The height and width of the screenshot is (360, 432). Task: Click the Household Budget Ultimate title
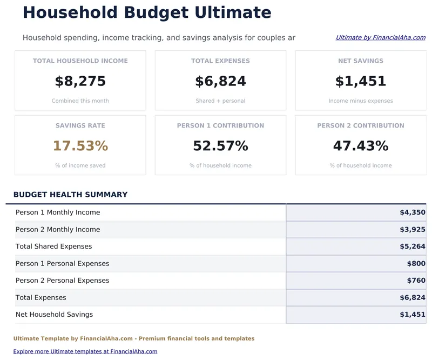point(147,12)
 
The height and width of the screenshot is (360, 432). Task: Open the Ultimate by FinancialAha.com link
point(380,38)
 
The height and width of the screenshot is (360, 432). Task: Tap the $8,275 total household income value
point(80,82)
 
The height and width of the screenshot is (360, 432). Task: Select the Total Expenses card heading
point(220,61)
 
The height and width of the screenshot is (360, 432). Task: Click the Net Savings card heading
point(360,61)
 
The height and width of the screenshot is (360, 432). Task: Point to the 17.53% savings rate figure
point(80,146)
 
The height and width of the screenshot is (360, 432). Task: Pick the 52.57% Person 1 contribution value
point(220,146)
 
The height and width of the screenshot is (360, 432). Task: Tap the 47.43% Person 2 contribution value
point(360,146)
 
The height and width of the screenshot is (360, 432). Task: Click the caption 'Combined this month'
point(80,101)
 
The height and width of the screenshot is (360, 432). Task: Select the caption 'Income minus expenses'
point(360,101)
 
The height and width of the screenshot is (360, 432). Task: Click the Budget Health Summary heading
point(70,195)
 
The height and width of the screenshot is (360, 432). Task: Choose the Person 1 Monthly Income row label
point(58,212)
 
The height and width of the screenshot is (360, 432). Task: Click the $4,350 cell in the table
point(412,212)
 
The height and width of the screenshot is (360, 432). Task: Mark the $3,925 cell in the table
point(412,230)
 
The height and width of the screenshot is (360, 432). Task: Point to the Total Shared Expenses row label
point(54,246)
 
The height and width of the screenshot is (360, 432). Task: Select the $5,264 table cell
point(412,246)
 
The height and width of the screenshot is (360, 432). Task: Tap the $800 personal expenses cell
point(416,264)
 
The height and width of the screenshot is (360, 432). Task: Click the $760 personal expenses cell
point(416,281)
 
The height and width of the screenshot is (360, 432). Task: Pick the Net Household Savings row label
point(54,315)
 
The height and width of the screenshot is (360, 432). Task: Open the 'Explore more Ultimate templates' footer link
point(85,351)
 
